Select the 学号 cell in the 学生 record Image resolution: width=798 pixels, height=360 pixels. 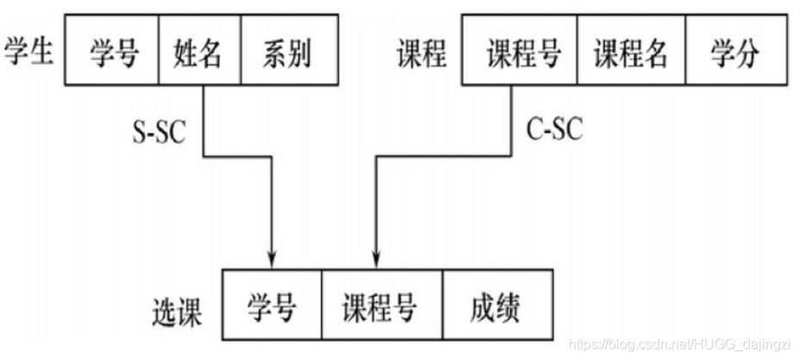tap(114, 53)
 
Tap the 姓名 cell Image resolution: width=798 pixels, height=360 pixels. tap(198, 53)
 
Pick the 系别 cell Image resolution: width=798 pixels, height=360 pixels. tap(286, 53)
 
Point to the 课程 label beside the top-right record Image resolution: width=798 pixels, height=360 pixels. tap(422, 53)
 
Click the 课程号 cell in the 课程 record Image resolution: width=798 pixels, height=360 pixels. tap(523, 53)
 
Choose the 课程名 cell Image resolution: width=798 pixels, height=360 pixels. tap(631, 53)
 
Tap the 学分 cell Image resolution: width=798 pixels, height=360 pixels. tap(734, 53)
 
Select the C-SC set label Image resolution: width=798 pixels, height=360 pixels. tap(554, 131)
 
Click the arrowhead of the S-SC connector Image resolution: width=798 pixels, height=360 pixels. tap(272, 258)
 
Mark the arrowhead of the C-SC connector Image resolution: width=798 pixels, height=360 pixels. tap(375, 258)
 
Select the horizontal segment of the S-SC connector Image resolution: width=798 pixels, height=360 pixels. tap(237, 157)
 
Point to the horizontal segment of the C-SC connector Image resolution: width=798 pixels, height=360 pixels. tap(444, 157)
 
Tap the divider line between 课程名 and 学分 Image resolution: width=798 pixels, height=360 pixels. tap(686, 53)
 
